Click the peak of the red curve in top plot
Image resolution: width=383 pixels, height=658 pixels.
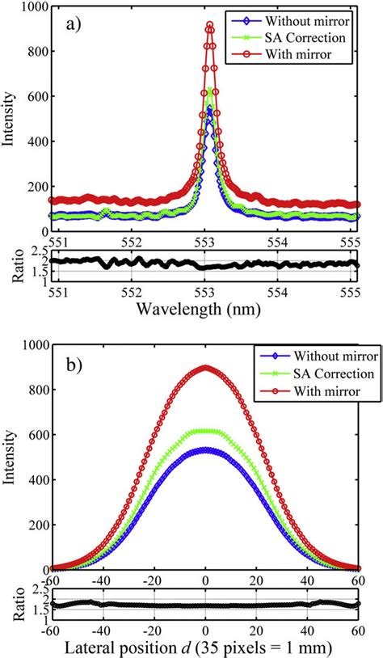pos(210,26)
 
